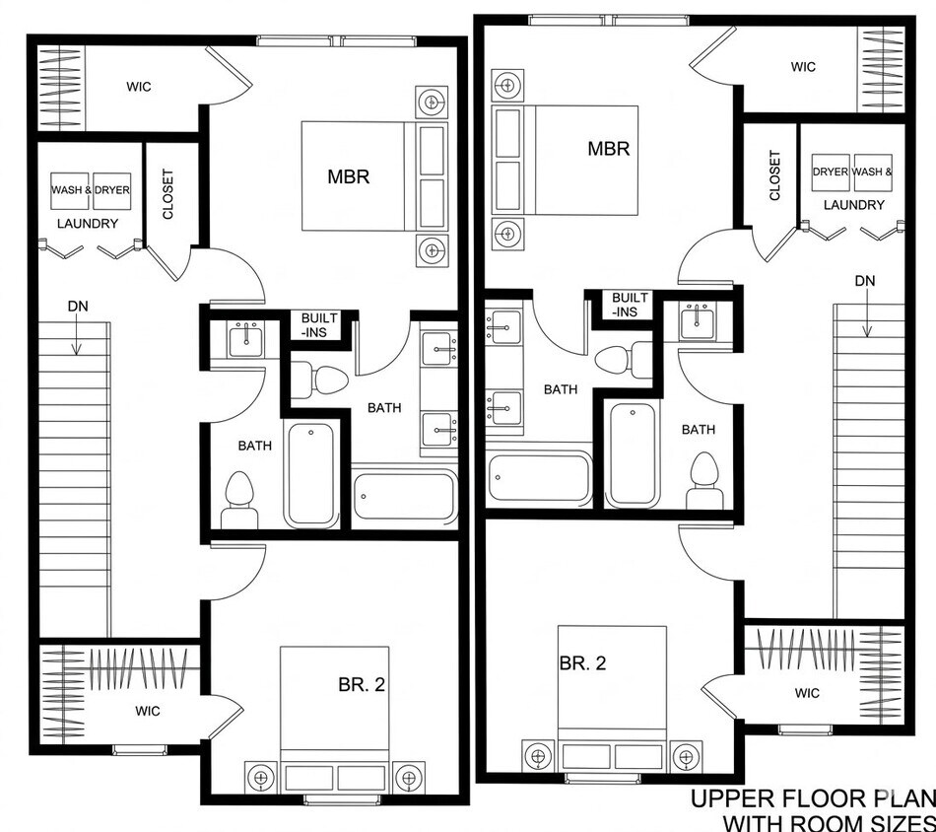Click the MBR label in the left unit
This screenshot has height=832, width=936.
(x=349, y=176)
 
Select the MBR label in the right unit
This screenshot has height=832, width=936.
(x=609, y=148)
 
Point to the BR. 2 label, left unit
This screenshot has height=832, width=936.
(x=362, y=684)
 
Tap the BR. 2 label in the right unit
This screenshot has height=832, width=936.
(x=582, y=663)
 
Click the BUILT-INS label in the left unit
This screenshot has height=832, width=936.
(x=319, y=325)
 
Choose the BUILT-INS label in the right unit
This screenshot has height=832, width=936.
(x=630, y=305)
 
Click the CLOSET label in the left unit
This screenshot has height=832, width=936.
(x=167, y=194)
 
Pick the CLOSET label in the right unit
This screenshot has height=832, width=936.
(x=774, y=175)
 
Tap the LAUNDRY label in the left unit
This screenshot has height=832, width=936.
(x=88, y=224)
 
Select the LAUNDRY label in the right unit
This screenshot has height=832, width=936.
(x=854, y=205)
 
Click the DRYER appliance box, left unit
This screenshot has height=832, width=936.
(x=111, y=190)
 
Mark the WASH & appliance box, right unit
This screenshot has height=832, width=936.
(x=873, y=172)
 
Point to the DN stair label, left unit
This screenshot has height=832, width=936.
(x=78, y=307)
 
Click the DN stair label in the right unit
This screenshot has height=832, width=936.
(x=865, y=281)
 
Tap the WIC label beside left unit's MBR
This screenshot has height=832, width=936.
(x=139, y=87)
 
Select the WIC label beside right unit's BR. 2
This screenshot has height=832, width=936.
(x=807, y=693)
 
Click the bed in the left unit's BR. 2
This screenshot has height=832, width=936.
(x=334, y=721)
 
